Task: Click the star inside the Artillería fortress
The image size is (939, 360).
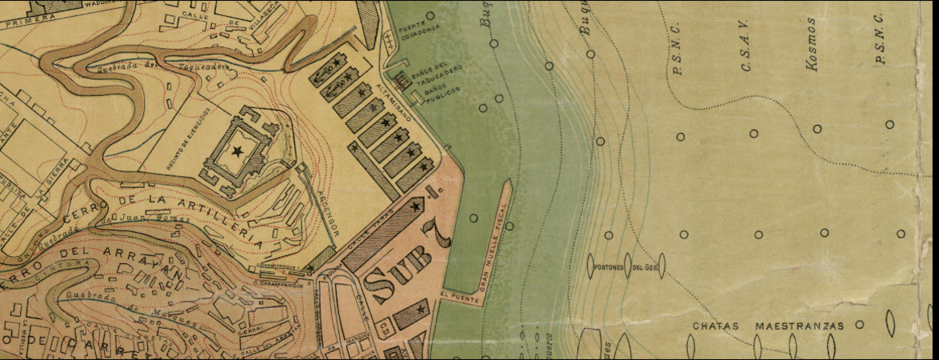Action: pos(237,150)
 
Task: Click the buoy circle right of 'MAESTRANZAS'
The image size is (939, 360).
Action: pos(860,325)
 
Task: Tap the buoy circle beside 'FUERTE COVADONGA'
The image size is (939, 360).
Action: pos(430,15)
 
